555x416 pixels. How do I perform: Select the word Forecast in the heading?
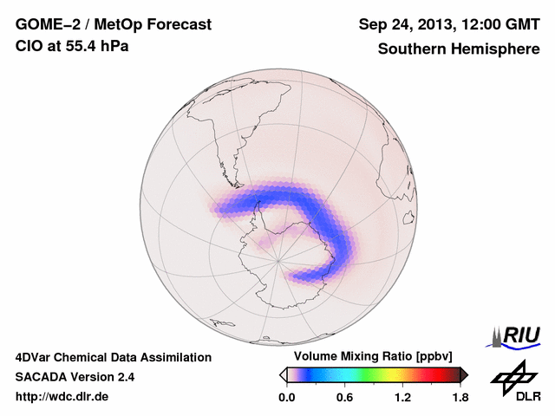177,25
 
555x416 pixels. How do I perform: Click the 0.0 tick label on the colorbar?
287,397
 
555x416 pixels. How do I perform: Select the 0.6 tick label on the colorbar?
344,397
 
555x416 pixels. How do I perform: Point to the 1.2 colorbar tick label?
402,397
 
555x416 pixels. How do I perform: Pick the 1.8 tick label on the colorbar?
459,397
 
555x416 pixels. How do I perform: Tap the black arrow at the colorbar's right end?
463,374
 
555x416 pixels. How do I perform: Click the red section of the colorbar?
434,374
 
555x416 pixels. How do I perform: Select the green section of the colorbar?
369,374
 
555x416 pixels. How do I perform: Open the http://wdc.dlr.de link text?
62,397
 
